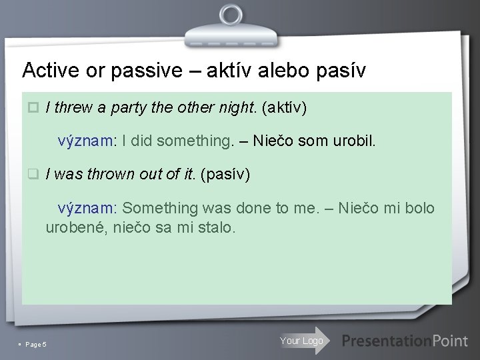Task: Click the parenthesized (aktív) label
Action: click(285, 108)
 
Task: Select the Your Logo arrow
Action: click(303, 341)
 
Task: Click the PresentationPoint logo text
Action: click(405, 341)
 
